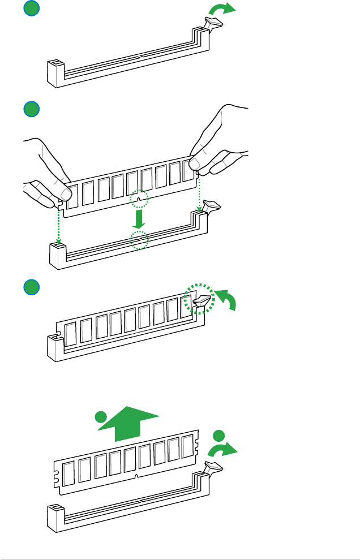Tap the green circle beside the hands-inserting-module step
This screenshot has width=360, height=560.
(32, 109)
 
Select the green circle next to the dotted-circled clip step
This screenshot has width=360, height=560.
(32, 287)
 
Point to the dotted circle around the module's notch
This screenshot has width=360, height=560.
(139, 199)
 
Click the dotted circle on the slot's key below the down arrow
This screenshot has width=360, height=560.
(139, 240)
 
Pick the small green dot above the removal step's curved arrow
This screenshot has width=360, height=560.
(220, 436)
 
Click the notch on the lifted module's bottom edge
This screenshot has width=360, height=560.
(137, 477)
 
